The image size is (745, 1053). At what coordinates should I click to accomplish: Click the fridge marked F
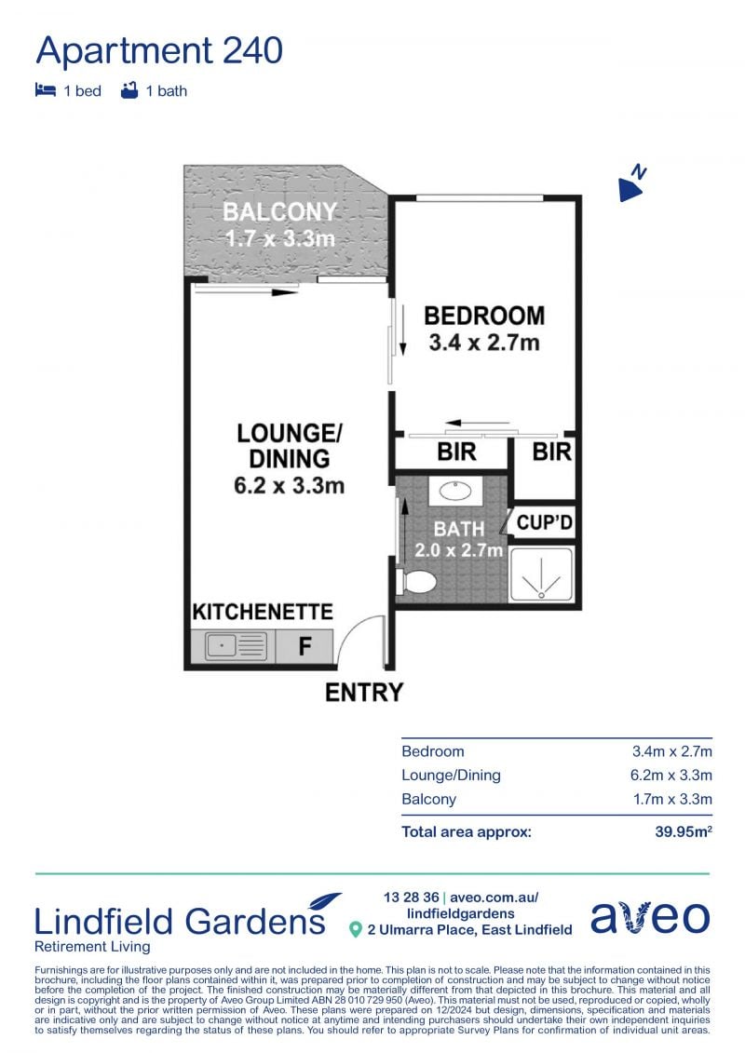click(305, 646)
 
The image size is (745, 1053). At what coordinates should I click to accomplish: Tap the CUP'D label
click(544, 521)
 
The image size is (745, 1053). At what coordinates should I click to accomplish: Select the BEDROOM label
click(484, 316)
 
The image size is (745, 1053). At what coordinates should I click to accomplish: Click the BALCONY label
click(279, 211)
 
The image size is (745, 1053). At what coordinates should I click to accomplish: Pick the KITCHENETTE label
click(263, 612)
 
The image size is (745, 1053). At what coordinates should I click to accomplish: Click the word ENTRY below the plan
click(364, 693)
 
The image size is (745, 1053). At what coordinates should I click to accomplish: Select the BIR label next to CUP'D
click(551, 452)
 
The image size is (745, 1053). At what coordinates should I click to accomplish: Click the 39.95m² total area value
click(684, 831)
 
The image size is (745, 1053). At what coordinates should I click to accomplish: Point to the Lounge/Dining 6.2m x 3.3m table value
click(670, 775)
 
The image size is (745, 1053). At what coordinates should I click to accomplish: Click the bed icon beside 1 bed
click(45, 90)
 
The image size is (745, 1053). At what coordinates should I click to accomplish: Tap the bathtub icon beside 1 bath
click(129, 90)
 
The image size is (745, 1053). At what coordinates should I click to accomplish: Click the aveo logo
click(650, 917)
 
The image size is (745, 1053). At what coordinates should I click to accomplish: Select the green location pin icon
click(356, 929)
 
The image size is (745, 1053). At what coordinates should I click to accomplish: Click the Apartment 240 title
click(159, 50)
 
